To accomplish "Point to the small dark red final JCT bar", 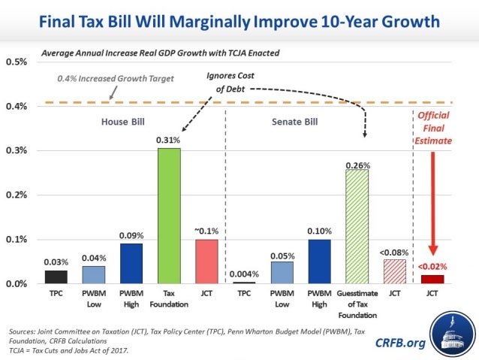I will [x=432, y=279].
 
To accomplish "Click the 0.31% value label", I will [x=168, y=140].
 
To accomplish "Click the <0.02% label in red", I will [x=432, y=266].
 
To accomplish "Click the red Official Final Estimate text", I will [x=433, y=129].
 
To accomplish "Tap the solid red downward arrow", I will [x=433, y=203].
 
